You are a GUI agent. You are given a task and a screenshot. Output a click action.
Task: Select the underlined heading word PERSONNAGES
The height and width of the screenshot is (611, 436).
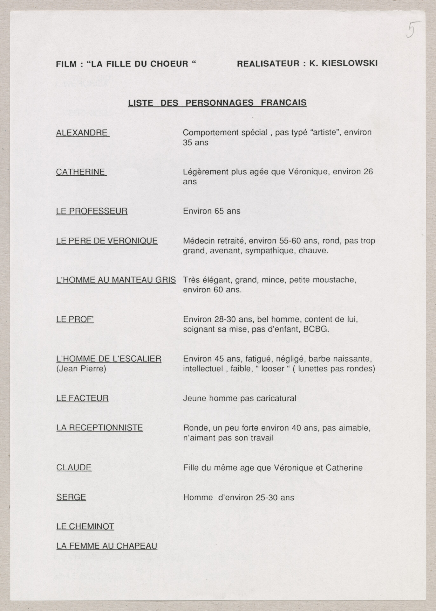[220, 103]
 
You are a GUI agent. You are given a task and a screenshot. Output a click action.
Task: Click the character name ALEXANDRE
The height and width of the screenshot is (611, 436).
[82, 133]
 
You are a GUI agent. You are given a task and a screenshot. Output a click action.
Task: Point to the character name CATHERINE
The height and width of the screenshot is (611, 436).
[80, 172]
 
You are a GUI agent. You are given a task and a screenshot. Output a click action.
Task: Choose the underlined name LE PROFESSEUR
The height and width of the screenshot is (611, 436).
[92, 211]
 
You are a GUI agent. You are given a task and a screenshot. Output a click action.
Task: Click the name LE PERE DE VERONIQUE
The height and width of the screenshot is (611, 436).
[107, 241]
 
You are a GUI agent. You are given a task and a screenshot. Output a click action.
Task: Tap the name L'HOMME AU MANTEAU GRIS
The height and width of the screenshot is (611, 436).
[116, 280]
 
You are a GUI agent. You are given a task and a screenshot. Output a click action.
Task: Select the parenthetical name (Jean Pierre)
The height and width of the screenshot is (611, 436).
[81, 369]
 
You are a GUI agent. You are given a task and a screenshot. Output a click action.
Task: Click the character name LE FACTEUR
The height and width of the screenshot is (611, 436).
[82, 398]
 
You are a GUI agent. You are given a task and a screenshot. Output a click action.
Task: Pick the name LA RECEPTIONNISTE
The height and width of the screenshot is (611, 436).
[99, 428]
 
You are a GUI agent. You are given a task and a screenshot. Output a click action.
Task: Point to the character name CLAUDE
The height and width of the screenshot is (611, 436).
[74, 467]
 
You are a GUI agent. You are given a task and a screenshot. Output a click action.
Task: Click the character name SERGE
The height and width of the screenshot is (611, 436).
[71, 497]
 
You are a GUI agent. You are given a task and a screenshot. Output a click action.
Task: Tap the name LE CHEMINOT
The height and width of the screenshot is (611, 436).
[85, 526]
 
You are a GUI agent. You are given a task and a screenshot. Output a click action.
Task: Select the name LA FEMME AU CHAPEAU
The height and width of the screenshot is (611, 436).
[107, 546]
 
